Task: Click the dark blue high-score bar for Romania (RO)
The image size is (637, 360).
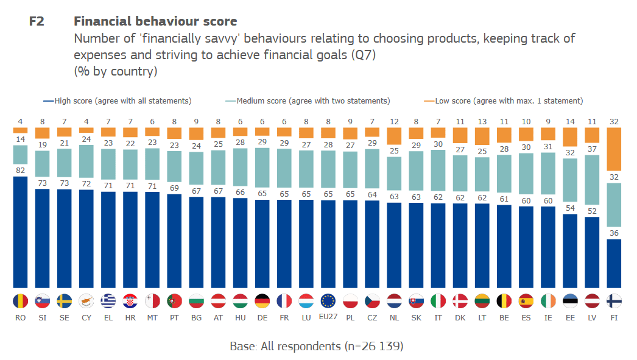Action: pos(20,232)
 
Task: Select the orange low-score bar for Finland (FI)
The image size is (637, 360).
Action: pos(614,149)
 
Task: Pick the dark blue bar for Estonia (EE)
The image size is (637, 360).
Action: pos(570,251)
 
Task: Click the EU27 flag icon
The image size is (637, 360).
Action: pos(328,301)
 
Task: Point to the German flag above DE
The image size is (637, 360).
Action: pos(262,301)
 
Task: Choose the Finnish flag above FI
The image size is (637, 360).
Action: pos(614,301)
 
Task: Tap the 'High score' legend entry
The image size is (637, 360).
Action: pos(118,101)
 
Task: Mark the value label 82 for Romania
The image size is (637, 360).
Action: pos(20,170)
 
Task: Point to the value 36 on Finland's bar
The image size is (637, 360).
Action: pos(614,232)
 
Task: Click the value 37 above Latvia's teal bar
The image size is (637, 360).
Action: pos(592,147)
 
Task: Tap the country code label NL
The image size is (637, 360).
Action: pos(394,317)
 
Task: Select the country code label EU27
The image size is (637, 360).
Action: pos(328,317)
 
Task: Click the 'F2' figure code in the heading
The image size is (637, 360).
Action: pos(38,21)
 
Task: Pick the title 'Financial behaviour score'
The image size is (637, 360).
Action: pos(155,21)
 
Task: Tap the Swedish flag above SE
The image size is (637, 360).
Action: pos(64,301)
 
